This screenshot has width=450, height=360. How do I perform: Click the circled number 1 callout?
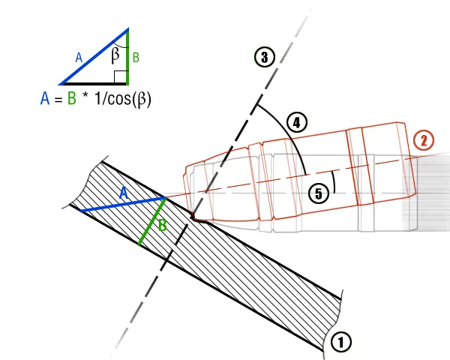pos(341,341)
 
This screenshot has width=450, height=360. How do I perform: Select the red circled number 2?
pos(424,140)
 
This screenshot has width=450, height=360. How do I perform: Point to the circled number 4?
pos(298,123)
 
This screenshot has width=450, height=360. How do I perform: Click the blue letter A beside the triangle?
pos(79,55)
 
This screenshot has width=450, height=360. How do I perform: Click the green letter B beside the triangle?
pos(135,56)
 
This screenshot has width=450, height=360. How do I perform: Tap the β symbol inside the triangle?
pos(115,54)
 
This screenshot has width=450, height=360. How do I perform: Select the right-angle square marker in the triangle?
pos(120,76)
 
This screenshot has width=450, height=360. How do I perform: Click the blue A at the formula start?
pos(46,99)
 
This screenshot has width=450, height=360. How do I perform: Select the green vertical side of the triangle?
pos(127,56)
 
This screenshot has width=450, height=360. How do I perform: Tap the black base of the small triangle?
pos(94,82)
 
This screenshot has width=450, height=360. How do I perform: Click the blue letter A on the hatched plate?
pos(124,193)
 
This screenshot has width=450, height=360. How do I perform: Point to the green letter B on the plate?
pos(163,225)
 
